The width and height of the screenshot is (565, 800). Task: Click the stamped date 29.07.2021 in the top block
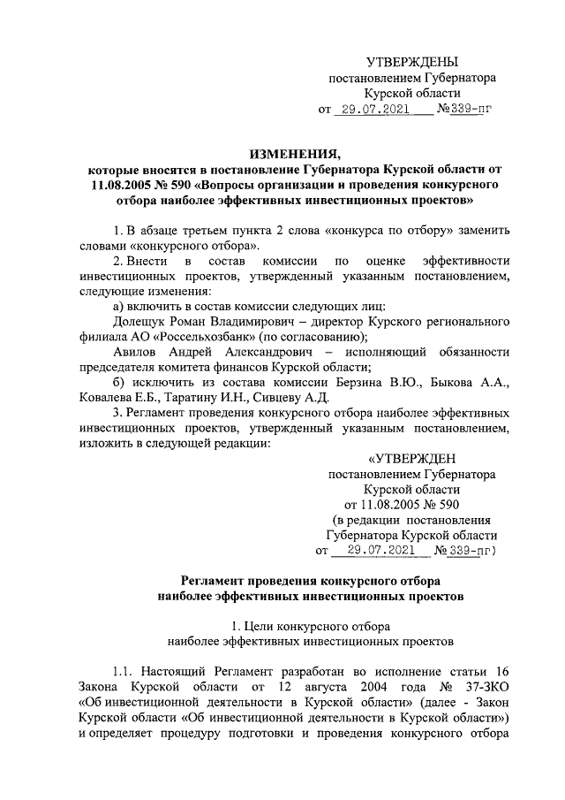point(373,111)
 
